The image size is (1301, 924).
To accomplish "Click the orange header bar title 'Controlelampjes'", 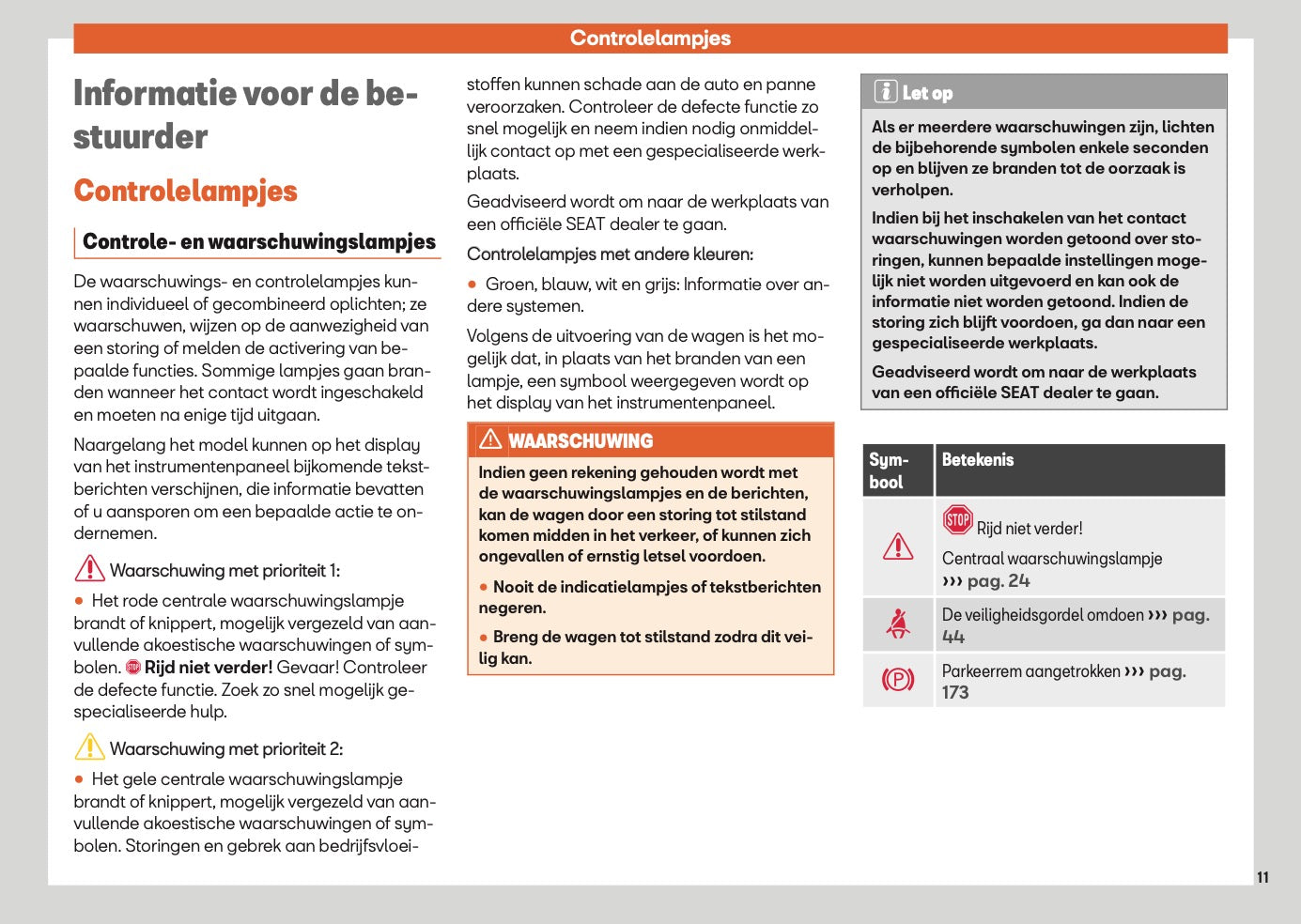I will pyautogui.click(x=650, y=38).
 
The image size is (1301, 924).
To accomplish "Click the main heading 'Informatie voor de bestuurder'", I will pyautogui.click(x=245, y=115).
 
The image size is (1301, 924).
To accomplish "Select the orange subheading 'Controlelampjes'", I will pyautogui.click(x=185, y=191).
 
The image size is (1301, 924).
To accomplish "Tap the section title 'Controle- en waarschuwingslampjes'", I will pyautogui.click(x=259, y=241).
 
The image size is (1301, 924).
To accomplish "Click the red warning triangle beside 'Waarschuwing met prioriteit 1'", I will pyautogui.click(x=89, y=569).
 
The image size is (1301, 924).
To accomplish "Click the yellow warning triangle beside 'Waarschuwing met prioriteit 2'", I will pyautogui.click(x=89, y=747).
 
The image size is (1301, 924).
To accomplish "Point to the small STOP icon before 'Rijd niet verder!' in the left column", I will pyautogui.click(x=133, y=668).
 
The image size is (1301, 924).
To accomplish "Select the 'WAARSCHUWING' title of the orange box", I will pyautogui.click(x=581, y=440).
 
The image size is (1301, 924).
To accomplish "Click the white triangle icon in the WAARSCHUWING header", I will pyautogui.click(x=490, y=439).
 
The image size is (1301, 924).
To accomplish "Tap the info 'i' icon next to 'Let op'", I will pyautogui.click(x=885, y=92).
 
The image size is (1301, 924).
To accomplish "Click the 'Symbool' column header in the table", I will pyautogui.click(x=888, y=470).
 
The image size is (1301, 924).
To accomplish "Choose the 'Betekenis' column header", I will pyautogui.click(x=978, y=459).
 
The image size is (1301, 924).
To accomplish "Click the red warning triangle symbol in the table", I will pyautogui.click(x=898, y=547).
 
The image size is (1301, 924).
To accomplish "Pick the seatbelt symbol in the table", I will pyautogui.click(x=898, y=624).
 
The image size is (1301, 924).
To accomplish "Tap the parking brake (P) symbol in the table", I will pyautogui.click(x=898, y=679).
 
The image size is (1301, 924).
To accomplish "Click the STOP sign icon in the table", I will pyautogui.click(x=957, y=520).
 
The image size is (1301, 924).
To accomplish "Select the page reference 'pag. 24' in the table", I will pyautogui.click(x=998, y=581).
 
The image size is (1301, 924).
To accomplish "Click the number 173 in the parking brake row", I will pyautogui.click(x=955, y=693).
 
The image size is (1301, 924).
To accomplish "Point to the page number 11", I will pyautogui.click(x=1262, y=877).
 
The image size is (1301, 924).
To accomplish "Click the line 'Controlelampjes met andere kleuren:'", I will pyautogui.click(x=610, y=254).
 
